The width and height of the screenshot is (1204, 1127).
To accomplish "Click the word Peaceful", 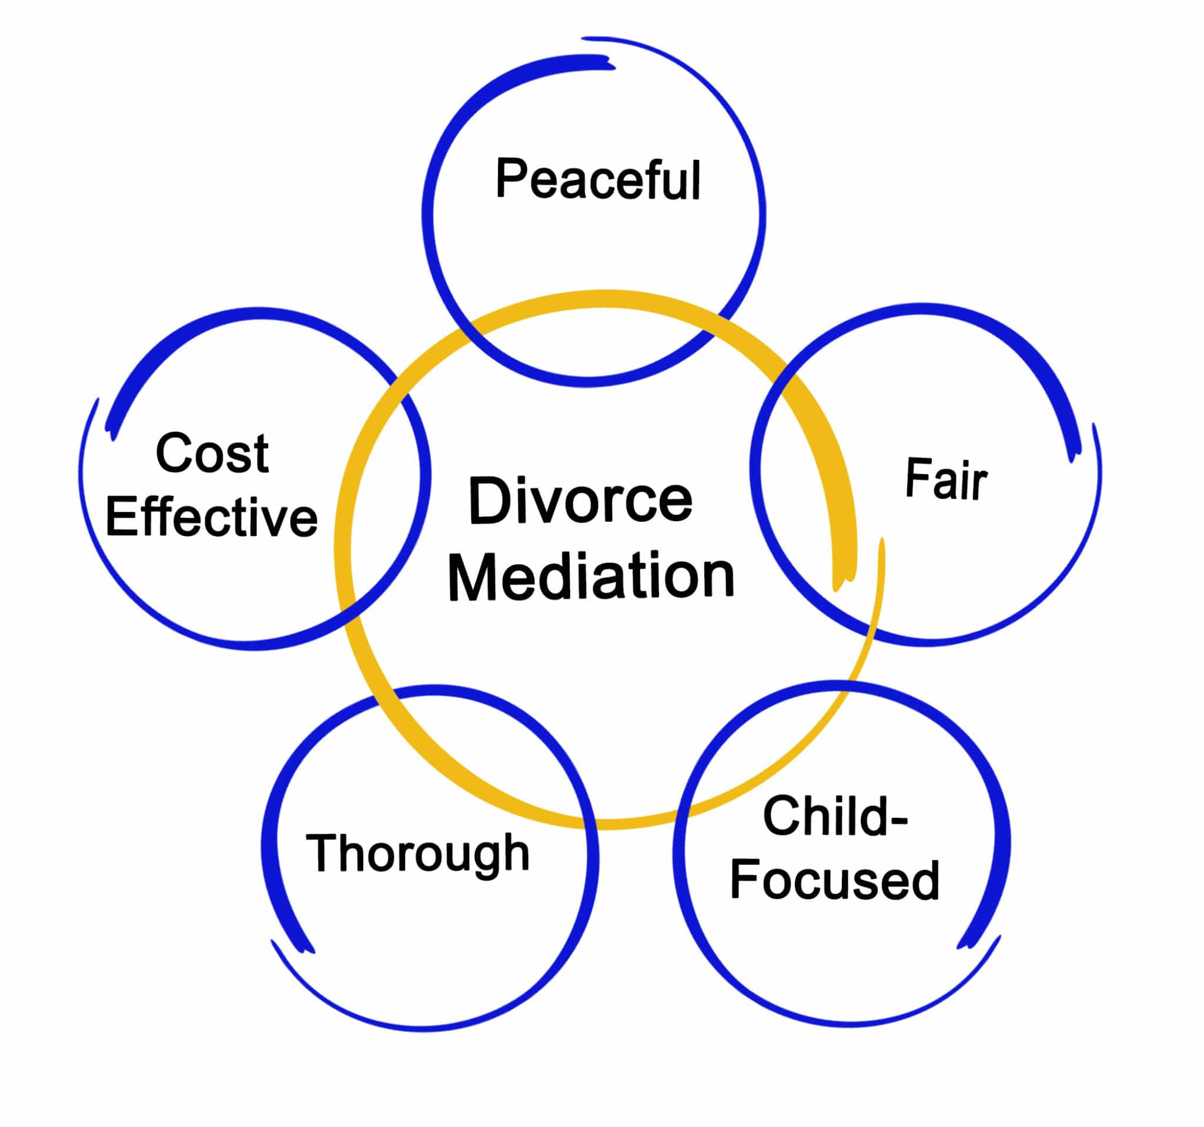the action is [598, 179].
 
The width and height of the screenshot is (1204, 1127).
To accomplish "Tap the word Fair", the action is [946, 479].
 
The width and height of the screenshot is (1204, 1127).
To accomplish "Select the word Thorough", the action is [418, 853].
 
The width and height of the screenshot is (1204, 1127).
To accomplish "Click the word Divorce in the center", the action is [580, 500].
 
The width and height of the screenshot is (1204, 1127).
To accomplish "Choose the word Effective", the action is [212, 516].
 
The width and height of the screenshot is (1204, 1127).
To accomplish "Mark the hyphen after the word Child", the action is [898, 821].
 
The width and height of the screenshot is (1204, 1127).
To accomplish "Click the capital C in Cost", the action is [175, 454].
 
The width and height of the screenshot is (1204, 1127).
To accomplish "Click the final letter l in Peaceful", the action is [697, 180].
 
